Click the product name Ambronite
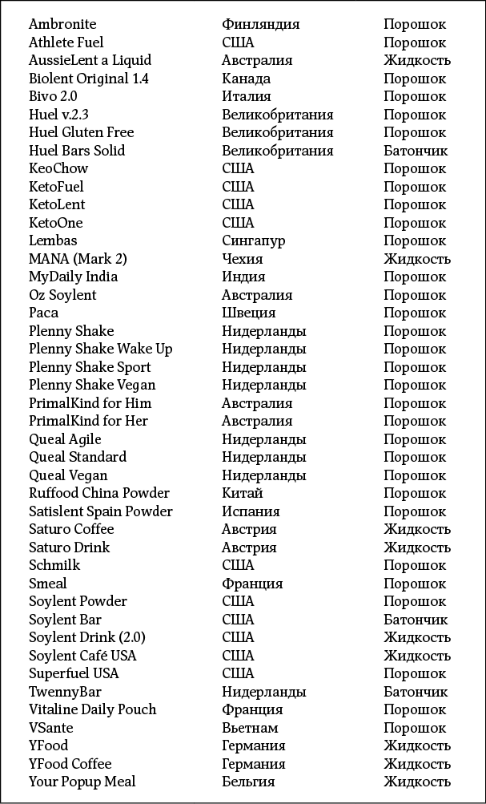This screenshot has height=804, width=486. click(x=62, y=24)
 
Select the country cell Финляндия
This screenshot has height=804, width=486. click(x=260, y=24)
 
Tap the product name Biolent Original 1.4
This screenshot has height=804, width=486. click(x=89, y=79)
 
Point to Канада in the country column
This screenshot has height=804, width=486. click(x=246, y=79)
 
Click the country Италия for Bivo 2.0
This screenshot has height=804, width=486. click(x=245, y=96)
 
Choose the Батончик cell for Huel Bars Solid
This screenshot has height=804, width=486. click(x=416, y=151)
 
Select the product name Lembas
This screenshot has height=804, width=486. click(x=53, y=240)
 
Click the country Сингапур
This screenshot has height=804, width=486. click(x=253, y=240)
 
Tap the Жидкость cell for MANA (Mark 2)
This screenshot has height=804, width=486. click(x=417, y=259)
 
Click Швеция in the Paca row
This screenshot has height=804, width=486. click(x=248, y=313)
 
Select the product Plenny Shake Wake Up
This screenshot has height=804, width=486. click(x=101, y=349)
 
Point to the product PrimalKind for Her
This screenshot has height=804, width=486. click(x=89, y=421)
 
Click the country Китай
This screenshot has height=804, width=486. click(x=242, y=493)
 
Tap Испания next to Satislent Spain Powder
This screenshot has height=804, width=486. click(x=251, y=511)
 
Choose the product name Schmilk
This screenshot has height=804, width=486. click(x=54, y=565)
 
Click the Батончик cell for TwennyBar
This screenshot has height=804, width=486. click(x=416, y=692)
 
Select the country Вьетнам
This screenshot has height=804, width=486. click(x=250, y=728)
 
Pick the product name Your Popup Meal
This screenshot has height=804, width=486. click(x=82, y=782)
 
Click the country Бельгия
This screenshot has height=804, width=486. click(x=248, y=782)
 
